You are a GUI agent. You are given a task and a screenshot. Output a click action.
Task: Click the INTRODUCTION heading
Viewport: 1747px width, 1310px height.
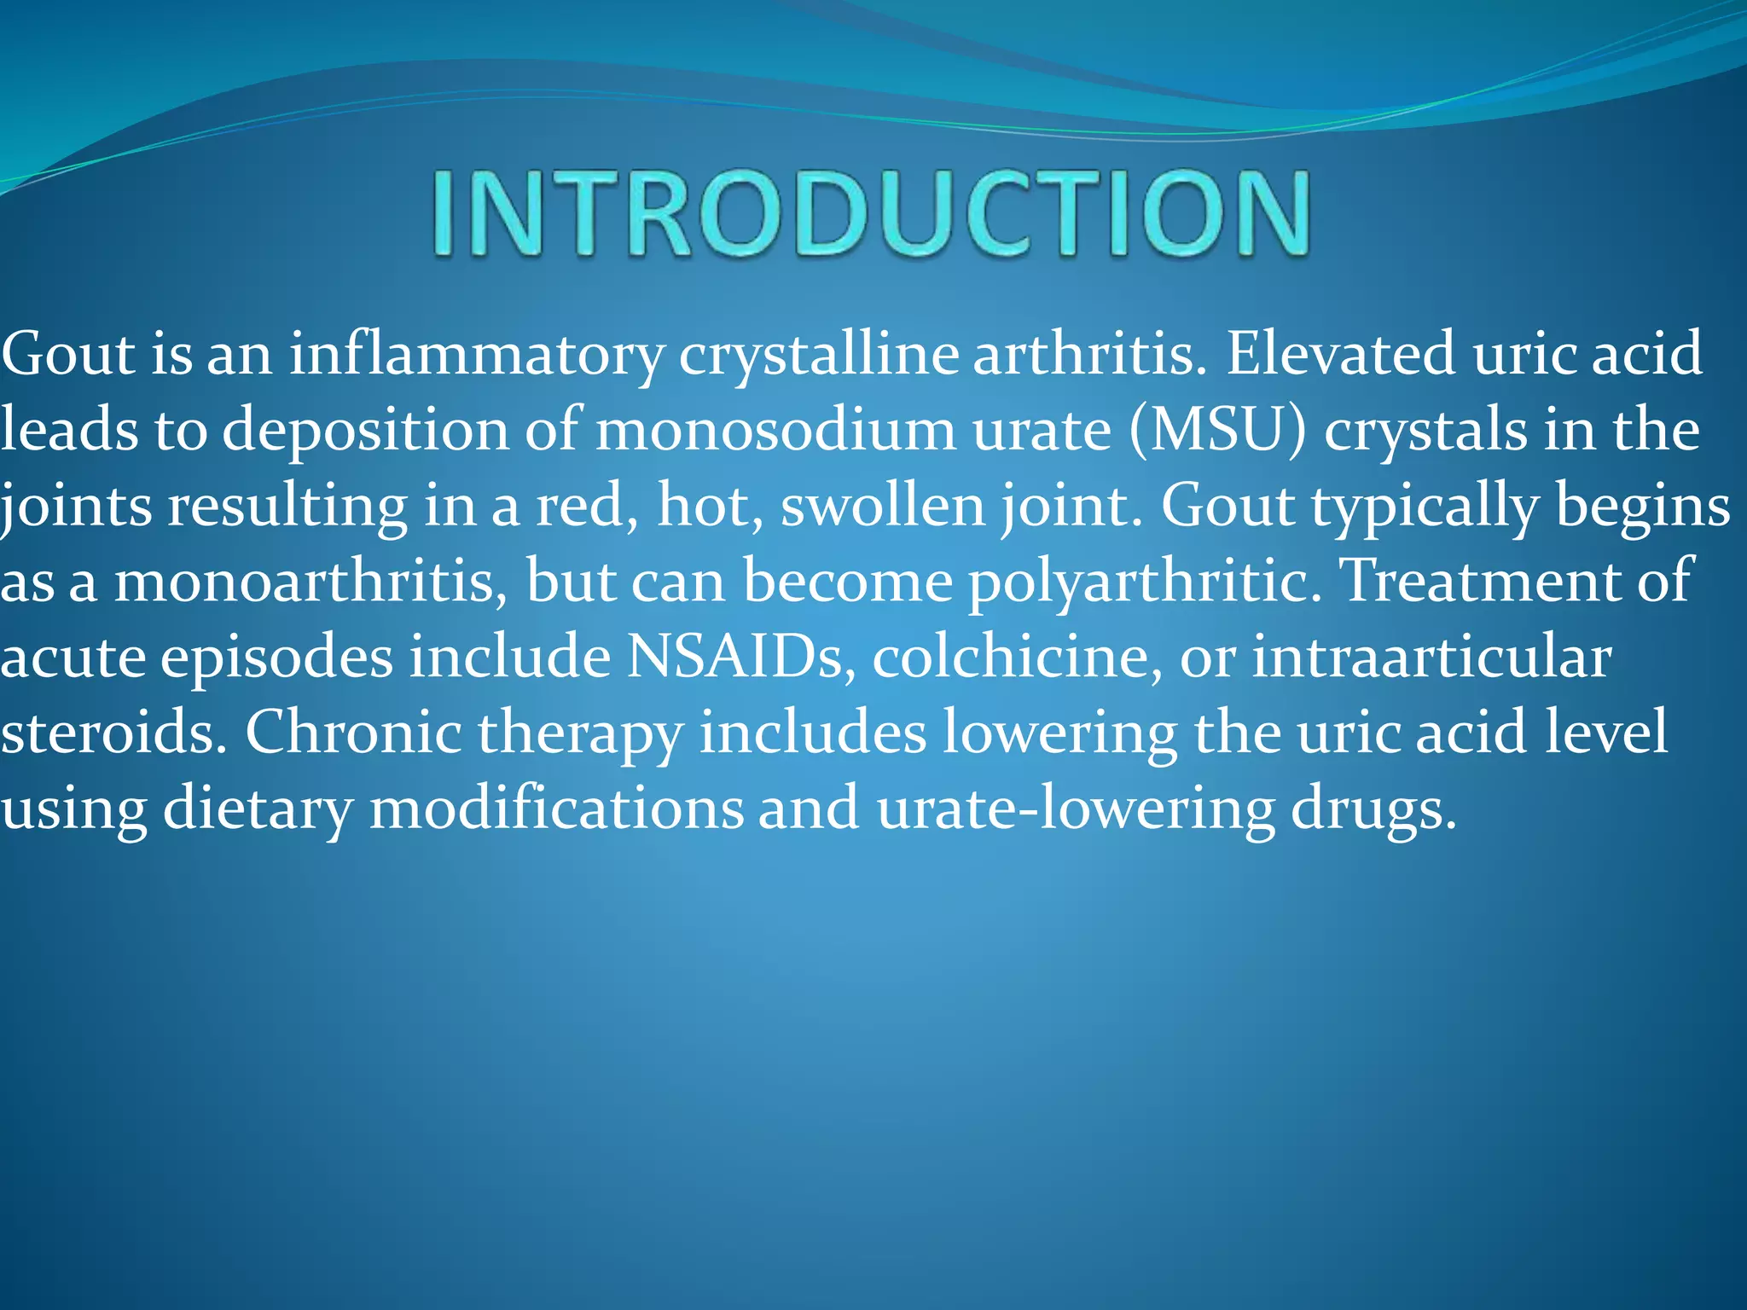(870, 213)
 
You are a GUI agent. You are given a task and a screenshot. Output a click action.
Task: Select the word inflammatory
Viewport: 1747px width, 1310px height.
(476, 355)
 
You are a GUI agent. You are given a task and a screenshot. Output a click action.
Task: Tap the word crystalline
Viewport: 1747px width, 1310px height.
(818, 355)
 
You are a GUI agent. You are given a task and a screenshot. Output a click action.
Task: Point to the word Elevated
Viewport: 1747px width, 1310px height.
(1340, 353)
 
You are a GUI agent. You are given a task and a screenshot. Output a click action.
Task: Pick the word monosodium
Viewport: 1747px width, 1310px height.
(775, 429)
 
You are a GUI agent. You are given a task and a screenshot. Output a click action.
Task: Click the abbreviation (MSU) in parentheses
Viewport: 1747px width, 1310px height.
(1218, 430)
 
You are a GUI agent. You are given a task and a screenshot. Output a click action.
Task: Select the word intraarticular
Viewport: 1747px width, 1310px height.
(1431, 657)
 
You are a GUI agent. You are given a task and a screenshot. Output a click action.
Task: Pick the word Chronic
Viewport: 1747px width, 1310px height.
(353, 732)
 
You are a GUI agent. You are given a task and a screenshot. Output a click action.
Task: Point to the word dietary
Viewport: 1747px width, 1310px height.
(257, 809)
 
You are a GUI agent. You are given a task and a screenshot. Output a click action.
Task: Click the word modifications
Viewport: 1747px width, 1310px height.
(556, 807)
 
